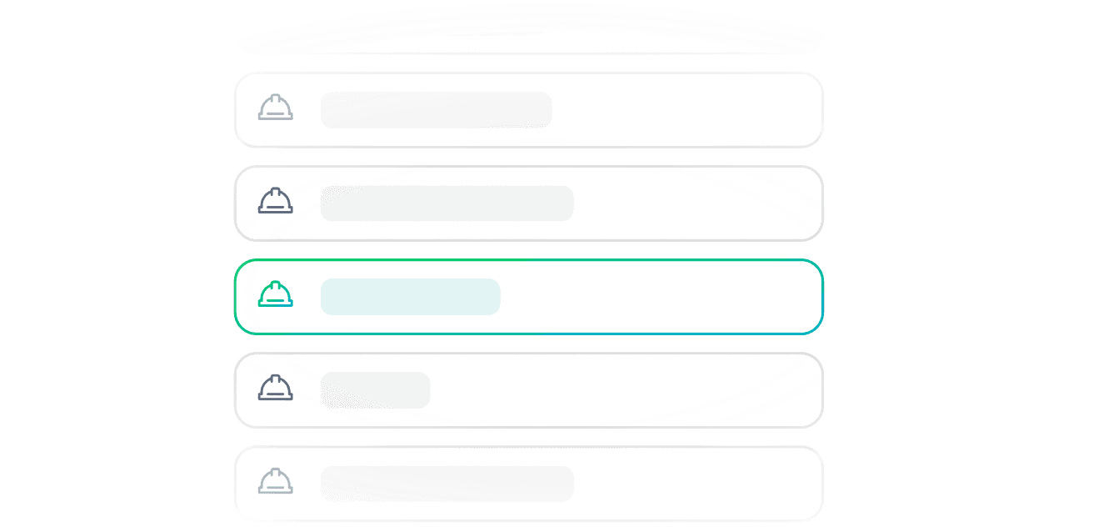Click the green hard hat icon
click(x=275, y=294)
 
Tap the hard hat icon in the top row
click(x=275, y=108)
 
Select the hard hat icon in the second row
click(x=275, y=201)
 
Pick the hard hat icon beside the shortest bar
click(x=275, y=388)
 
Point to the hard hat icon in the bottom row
click(x=275, y=481)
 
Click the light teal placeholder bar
click(x=410, y=297)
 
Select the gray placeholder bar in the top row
click(x=436, y=110)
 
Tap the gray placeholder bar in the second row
click(x=447, y=203)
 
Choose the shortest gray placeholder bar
click(x=375, y=390)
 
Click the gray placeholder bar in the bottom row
click(x=447, y=484)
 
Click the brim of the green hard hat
click(x=275, y=304)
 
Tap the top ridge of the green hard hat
click(x=275, y=284)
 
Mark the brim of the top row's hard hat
click(x=275, y=118)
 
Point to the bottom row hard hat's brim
click(x=275, y=491)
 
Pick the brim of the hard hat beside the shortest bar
click(x=275, y=398)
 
